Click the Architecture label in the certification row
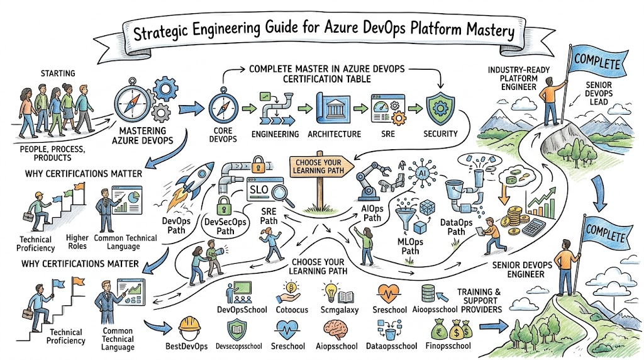click(334, 134)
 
